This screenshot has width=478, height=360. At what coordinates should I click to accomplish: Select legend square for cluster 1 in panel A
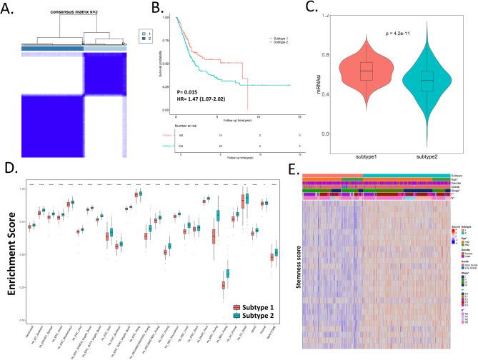pos(143,34)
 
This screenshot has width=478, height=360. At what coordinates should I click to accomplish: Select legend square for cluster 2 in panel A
pos(143,39)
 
